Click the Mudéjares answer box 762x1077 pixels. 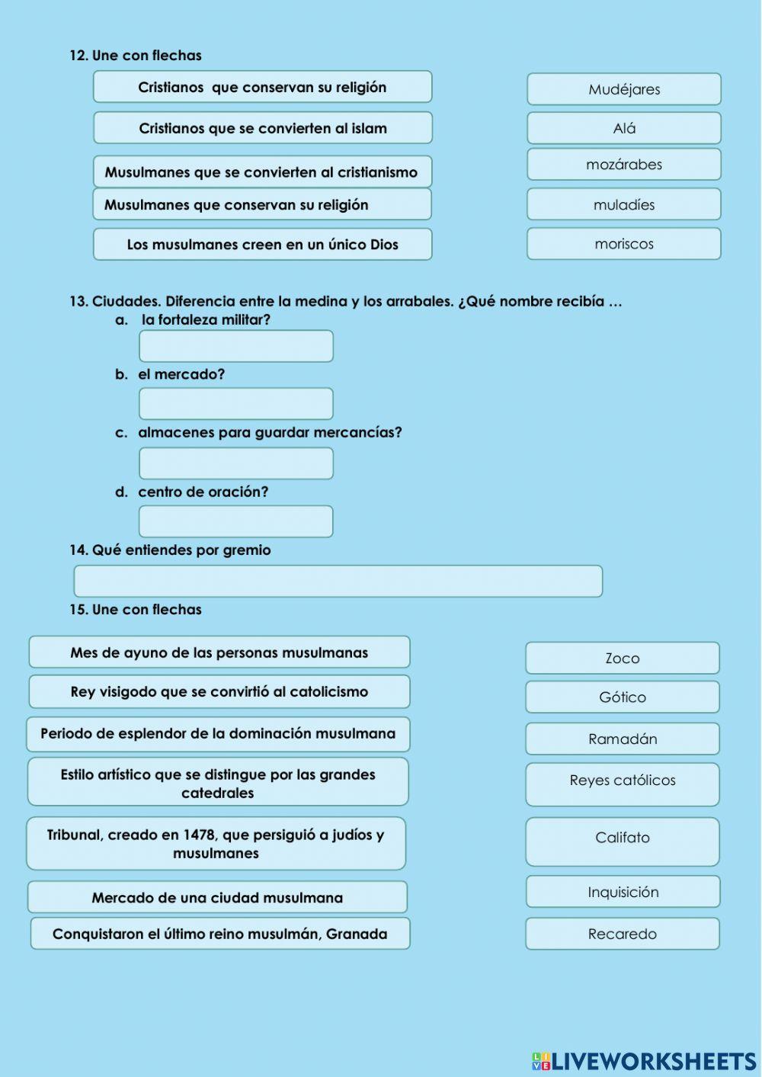pos(623,89)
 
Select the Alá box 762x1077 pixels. pos(623,128)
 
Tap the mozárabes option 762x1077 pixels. pos(623,165)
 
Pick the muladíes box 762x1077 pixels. pos(623,204)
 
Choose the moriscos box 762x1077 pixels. pos(623,244)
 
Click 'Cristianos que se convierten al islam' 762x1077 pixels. pos(262,128)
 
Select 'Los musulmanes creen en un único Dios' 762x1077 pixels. pos(262,245)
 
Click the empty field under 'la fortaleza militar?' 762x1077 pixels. pos(235,346)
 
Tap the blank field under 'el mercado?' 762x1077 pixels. pos(235,404)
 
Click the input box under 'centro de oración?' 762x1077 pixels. pos(235,521)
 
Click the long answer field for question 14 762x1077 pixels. pos(338,582)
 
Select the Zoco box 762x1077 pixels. pos(622,658)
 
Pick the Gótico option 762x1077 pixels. pos(622,697)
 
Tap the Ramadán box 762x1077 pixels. pos(622,739)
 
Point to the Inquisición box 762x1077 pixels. pos(622,892)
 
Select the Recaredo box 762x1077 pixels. pos(622,934)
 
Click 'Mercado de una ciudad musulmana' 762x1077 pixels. pos(217,897)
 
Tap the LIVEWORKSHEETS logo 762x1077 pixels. pos(644,1061)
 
